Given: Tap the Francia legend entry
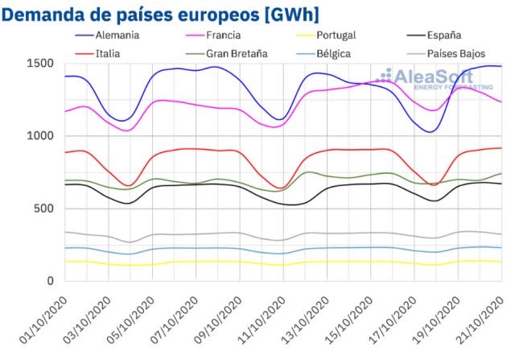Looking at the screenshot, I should pos(227,35).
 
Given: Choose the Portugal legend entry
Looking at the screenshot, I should pos(336,35).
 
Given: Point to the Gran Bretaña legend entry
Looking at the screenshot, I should pos(241,54).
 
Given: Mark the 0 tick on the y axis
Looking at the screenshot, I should pos(50,281).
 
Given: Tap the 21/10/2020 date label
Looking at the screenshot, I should pos(484,319).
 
